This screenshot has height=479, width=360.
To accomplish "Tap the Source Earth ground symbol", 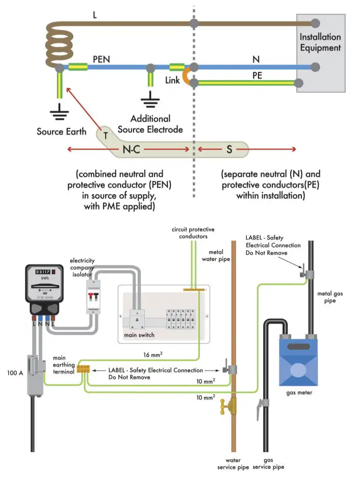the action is tap(59, 112).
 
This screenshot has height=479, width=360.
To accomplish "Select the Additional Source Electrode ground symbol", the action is tap(150, 99).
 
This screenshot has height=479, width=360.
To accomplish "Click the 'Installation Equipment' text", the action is tap(320, 42).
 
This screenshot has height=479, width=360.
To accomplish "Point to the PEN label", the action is tap(101, 59).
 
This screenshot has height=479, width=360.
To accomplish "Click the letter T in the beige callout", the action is tap(106, 136).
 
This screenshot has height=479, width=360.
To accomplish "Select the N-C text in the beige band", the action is tap(131, 149).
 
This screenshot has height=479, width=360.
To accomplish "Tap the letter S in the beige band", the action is tap(229, 149).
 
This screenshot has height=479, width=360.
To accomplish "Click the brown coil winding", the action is tap(59, 45).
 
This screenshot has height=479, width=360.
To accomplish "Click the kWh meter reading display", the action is tap(43, 272).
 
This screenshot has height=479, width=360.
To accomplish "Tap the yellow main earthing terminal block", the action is tap(83, 369).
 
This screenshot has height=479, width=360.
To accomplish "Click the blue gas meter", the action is tap(299, 360).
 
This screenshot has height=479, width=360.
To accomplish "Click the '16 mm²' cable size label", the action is tap(153, 354).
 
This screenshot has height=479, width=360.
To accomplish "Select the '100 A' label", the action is tap(15, 372).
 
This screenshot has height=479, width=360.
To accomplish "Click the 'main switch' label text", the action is tap(139, 335).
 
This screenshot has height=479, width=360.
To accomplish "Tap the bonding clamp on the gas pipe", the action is tap(306, 272).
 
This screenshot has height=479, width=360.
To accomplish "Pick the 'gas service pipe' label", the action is tap(268, 463).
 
